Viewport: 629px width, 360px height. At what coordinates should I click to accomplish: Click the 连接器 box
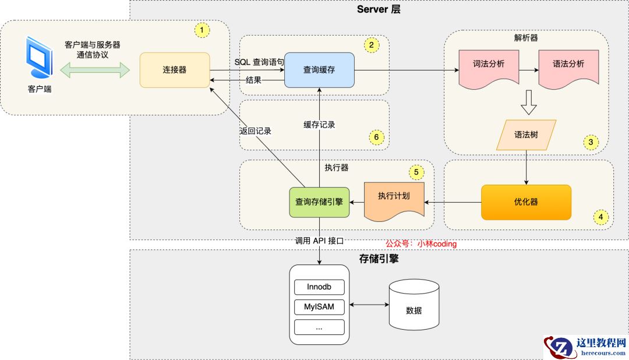tap(175, 70)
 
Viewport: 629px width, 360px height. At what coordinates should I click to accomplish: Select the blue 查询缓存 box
tap(319, 70)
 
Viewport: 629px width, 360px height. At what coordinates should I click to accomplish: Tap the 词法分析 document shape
tap(489, 66)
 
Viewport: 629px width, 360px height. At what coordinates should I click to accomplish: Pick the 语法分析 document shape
tap(568, 66)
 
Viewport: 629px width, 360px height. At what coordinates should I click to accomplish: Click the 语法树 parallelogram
tap(526, 135)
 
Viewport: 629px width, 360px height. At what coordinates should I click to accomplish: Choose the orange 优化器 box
tap(526, 202)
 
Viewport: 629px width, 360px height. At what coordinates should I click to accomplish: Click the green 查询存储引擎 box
tap(319, 202)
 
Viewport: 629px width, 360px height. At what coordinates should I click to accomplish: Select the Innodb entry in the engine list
tap(319, 287)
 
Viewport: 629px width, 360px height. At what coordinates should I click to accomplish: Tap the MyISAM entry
tap(319, 306)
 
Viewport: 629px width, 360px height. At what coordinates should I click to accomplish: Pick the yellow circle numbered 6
tap(376, 137)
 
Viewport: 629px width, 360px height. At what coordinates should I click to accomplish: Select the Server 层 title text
tap(379, 9)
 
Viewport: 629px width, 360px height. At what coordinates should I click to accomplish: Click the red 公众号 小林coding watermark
tap(421, 244)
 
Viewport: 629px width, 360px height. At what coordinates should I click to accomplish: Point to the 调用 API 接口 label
tap(320, 241)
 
